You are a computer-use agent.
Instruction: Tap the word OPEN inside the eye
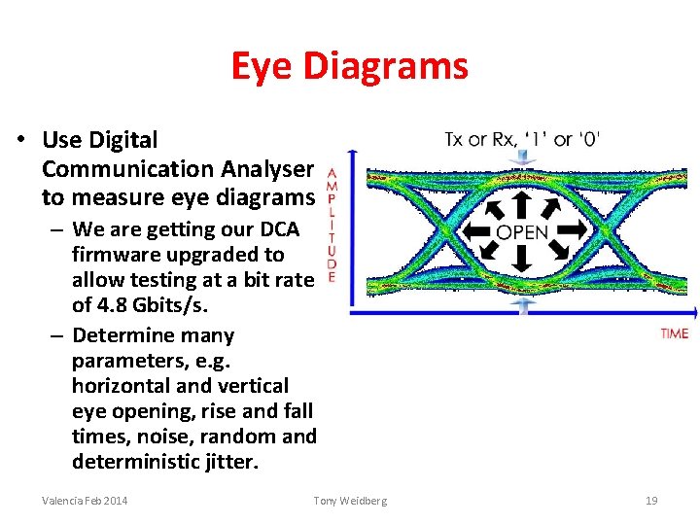[522, 232]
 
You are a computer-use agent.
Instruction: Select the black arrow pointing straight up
[522, 204]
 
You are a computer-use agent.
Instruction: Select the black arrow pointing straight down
[522, 259]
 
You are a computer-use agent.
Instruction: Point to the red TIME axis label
[674, 333]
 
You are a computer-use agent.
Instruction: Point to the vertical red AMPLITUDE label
[332, 222]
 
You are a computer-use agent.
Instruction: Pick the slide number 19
[651, 500]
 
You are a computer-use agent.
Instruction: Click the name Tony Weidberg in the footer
[350, 500]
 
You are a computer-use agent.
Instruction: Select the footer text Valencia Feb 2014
[85, 500]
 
